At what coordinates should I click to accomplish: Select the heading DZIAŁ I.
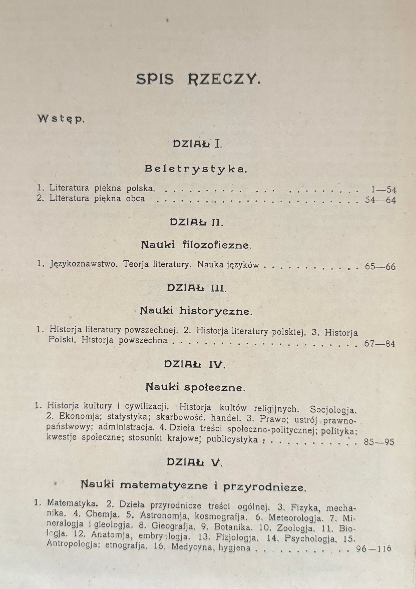pos(197,144)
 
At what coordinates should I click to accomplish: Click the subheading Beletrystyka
pos(196,169)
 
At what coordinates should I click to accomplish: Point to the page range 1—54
pos(383,190)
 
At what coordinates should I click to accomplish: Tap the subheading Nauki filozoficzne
pos(196,245)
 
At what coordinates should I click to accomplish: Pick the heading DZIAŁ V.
pos(194,462)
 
